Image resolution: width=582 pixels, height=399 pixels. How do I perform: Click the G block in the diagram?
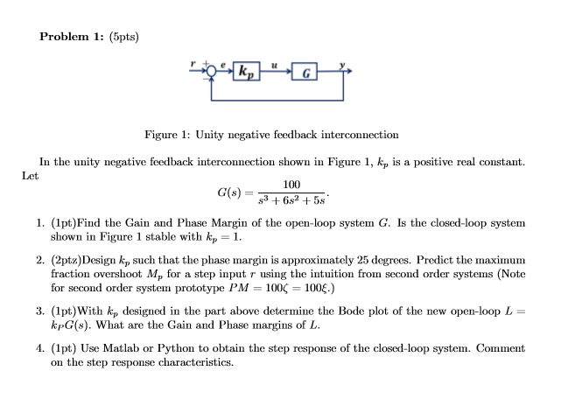[304, 70]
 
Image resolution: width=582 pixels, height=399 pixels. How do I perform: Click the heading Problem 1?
[72, 37]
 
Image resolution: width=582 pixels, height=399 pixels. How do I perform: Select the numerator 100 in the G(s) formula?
[291, 185]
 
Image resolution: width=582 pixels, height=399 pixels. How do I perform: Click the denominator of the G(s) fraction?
[291, 199]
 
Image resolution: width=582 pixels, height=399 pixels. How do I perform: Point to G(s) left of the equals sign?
[230, 192]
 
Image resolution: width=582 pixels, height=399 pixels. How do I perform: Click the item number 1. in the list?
[41, 223]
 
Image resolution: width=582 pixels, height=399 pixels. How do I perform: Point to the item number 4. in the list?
[41, 348]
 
